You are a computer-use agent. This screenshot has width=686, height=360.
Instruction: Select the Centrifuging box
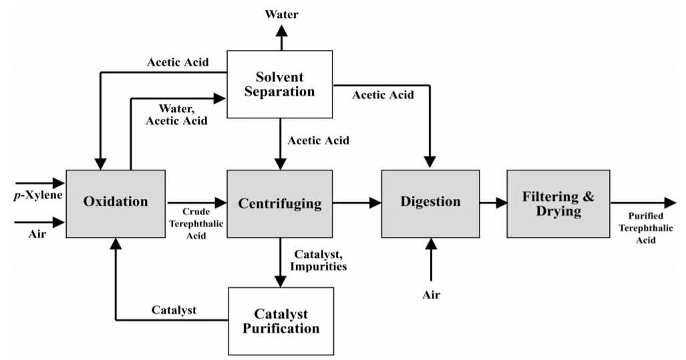point(280,203)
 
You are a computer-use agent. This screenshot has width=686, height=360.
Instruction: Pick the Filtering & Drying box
point(558,203)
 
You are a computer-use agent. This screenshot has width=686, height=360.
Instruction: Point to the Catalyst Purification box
point(281,321)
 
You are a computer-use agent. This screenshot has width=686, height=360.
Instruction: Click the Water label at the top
point(281,13)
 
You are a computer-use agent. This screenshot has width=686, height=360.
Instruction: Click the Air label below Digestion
point(431,295)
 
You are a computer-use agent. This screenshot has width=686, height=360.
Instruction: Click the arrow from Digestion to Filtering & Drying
point(493,203)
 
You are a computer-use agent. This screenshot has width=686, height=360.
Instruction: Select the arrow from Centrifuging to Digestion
point(357,203)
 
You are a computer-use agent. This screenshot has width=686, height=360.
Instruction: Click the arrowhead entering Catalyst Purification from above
point(281,281)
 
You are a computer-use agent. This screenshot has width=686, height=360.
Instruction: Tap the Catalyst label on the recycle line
point(173,311)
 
